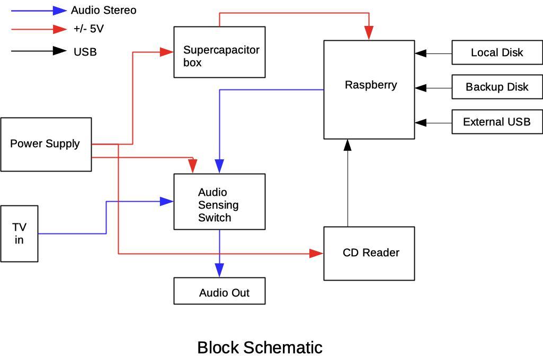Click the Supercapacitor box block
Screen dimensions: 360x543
[219, 52]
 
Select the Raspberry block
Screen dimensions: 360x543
[369, 89]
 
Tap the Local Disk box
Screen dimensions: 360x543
[497, 52]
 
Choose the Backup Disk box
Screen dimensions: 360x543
[497, 87]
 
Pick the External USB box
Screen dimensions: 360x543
[497, 122]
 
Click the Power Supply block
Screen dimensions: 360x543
[46, 144]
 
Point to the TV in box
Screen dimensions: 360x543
[19, 233]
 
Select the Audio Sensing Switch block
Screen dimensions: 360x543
[219, 202]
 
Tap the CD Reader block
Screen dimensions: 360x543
[369, 254]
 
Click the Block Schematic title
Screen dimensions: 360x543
[260, 348]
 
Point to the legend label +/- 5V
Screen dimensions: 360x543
[88, 29]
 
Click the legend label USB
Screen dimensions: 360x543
[85, 52]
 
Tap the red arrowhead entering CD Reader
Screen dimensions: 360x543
[316, 254]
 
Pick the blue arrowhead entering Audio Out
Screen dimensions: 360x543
[219, 270]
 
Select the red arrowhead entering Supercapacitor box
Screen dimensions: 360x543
[167, 52]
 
